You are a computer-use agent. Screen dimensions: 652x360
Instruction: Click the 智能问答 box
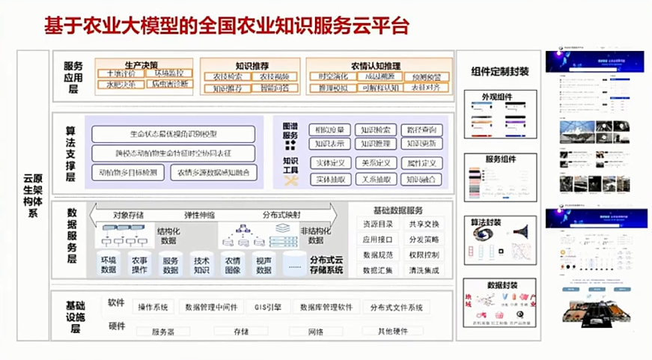(275, 88)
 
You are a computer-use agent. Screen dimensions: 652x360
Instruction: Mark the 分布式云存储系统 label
(326, 264)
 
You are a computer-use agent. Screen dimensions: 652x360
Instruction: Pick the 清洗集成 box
(424, 269)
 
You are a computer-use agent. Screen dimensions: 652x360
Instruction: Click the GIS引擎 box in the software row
(267, 307)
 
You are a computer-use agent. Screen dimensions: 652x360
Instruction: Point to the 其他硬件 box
(393, 331)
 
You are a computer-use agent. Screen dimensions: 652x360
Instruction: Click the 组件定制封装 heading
(500, 72)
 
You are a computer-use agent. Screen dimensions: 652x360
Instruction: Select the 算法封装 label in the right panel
(500, 222)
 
